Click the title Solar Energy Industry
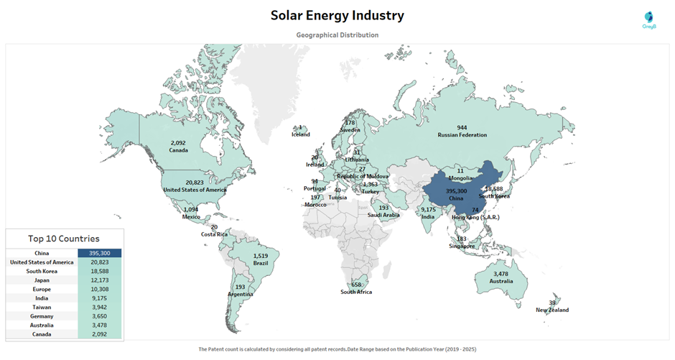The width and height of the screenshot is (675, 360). point(337,15)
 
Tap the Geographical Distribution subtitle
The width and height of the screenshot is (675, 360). point(337,34)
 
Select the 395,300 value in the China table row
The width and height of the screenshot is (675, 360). point(100,253)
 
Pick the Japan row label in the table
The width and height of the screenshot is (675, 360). point(41,280)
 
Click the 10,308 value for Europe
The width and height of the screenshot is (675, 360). point(100,289)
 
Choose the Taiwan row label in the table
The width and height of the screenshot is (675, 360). point(41,307)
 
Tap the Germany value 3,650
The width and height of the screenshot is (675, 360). point(100,316)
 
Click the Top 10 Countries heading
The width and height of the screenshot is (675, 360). point(64,239)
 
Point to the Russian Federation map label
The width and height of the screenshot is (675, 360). point(462,135)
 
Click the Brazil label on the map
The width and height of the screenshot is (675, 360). point(260,264)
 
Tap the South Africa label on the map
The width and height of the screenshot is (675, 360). point(357,292)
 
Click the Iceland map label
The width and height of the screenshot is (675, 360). point(300,135)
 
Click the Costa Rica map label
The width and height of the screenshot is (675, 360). point(215,235)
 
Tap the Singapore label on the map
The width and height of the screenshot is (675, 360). point(462,246)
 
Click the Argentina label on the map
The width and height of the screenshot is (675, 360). point(240,295)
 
